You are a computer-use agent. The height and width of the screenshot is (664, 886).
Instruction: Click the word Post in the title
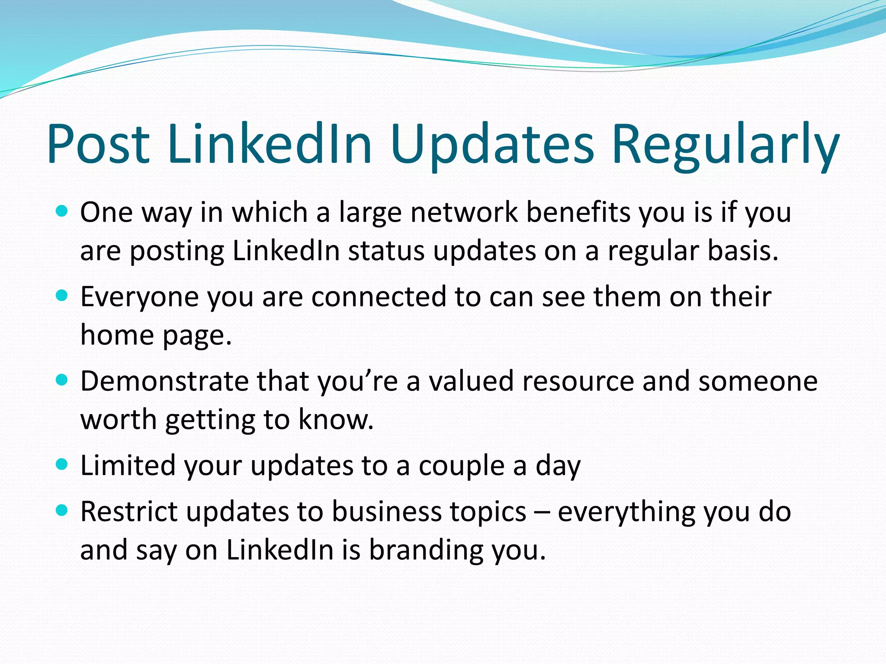(99, 144)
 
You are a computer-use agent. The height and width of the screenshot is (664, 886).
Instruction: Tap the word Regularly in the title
(725, 144)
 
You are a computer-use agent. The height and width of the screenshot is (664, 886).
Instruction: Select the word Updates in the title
(492, 144)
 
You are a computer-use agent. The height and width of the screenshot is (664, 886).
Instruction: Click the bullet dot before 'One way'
(62, 211)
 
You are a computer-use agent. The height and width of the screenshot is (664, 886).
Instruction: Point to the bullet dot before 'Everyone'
(62, 296)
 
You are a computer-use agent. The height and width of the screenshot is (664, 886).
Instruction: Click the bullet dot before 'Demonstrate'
(62, 380)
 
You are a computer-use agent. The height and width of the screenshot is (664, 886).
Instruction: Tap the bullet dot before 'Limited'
(62, 465)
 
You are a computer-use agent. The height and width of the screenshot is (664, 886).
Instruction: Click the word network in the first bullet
(464, 213)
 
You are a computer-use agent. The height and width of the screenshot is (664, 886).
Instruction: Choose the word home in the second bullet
(117, 335)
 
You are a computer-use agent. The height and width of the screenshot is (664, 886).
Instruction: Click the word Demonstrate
(164, 381)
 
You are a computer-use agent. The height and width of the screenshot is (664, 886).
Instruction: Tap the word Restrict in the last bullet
(129, 512)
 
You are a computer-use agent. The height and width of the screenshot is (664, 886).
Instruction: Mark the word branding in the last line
(425, 550)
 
